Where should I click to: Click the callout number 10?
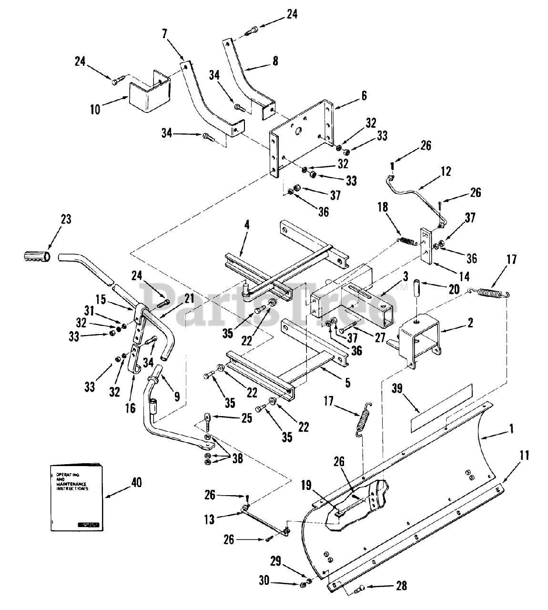95,109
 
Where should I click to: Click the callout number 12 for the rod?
446,171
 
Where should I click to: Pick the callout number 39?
397,388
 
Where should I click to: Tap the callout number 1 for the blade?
511,428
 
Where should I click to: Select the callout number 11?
524,455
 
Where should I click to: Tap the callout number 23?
65,219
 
